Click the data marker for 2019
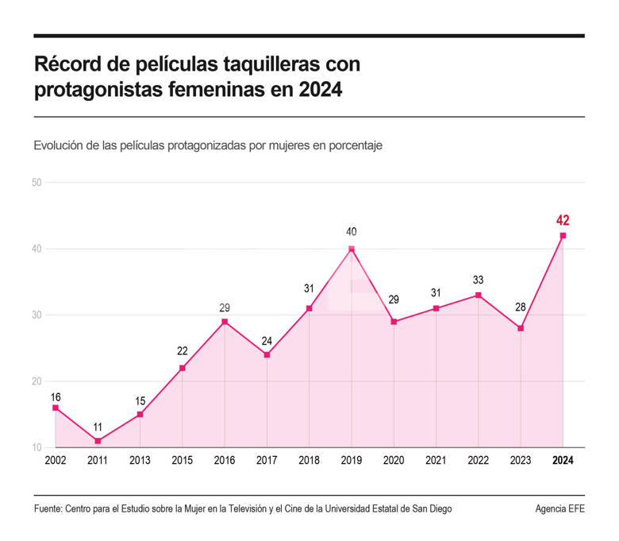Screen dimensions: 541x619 [352, 249]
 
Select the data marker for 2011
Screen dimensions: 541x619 [98, 441]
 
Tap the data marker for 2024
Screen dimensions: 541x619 [563, 235]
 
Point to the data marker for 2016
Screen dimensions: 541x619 [225, 322]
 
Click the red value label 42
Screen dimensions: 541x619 [563, 220]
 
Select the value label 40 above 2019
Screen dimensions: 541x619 [352, 232]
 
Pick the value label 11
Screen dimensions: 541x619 [98, 427]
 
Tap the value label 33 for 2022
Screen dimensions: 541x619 [478, 280]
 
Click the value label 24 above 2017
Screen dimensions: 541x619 [267, 341]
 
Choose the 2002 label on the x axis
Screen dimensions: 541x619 [56, 461]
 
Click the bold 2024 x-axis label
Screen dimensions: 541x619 [563, 461]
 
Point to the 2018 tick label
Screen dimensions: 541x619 [309, 461]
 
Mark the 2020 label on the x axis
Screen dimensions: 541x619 [394, 461]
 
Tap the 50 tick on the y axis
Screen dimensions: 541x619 [37, 183]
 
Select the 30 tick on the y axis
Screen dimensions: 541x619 [37, 315]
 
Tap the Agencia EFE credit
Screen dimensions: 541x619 [559, 509]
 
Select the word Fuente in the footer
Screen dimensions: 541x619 [49, 509]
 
